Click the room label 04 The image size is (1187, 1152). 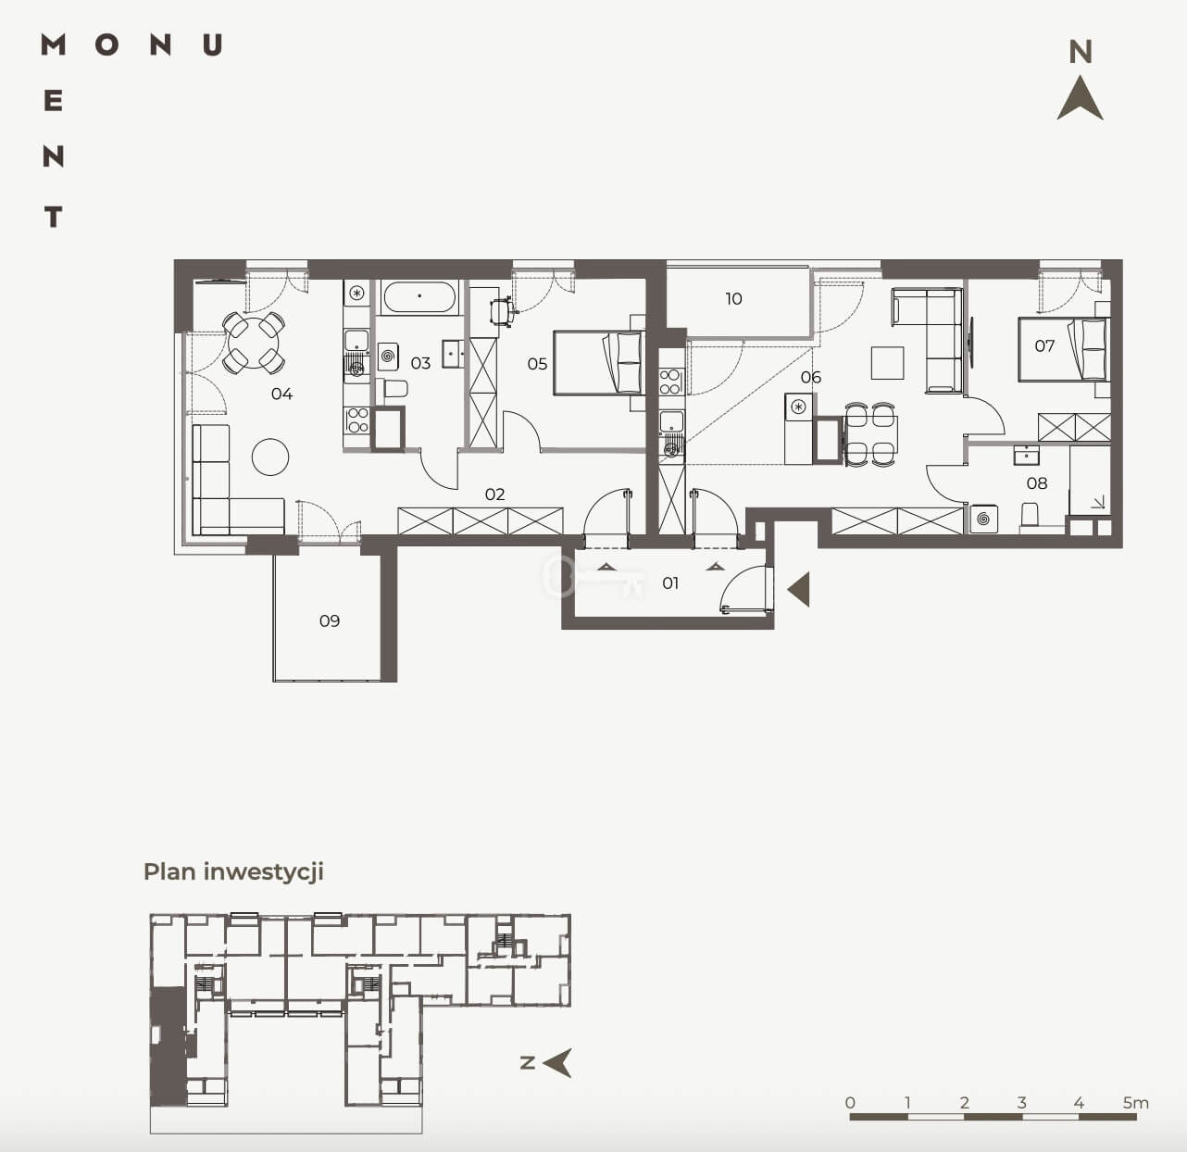(x=281, y=394)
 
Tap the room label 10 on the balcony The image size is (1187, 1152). (x=734, y=299)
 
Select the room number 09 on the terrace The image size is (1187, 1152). (x=330, y=621)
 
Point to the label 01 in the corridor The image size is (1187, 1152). (x=670, y=583)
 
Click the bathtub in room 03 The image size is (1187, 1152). (x=419, y=297)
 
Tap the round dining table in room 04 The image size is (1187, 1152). (x=253, y=343)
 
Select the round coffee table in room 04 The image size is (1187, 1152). (x=270, y=457)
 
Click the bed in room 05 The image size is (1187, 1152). (x=599, y=364)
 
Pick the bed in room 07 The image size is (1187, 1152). (x=1064, y=350)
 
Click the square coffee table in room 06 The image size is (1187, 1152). (x=888, y=362)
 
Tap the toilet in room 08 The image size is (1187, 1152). (x=1030, y=514)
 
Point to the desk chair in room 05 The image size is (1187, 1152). (x=502, y=312)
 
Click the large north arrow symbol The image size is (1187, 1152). (x=1080, y=98)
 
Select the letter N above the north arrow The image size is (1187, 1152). (x=1081, y=53)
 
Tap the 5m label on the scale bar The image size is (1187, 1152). (x=1135, y=1103)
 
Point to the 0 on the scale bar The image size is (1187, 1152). (x=850, y=1103)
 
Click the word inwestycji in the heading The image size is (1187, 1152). (x=264, y=872)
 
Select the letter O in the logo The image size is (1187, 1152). (x=106, y=45)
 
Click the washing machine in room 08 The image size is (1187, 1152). (x=983, y=519)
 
